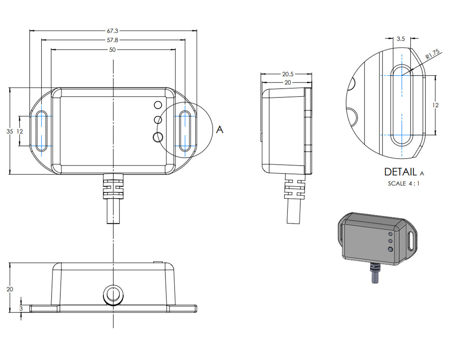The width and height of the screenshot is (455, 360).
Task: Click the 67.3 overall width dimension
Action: [x=112, y=31]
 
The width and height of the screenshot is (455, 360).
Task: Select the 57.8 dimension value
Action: [x=112, y=40]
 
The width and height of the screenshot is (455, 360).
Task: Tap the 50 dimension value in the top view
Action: [x=112, y=50]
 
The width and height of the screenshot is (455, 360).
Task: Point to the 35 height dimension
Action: [x=10, y=131]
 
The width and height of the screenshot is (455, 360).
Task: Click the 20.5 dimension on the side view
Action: [x=288, y=74]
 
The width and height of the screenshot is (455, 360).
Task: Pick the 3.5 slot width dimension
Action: [x=401, y=39]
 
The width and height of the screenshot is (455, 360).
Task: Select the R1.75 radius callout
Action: [x=432, y=54]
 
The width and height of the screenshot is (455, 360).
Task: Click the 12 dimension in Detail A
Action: [x=435, y=105]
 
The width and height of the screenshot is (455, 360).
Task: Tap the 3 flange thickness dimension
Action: [x=21, y=308]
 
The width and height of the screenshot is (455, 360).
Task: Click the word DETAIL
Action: [x=400, y=172]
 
